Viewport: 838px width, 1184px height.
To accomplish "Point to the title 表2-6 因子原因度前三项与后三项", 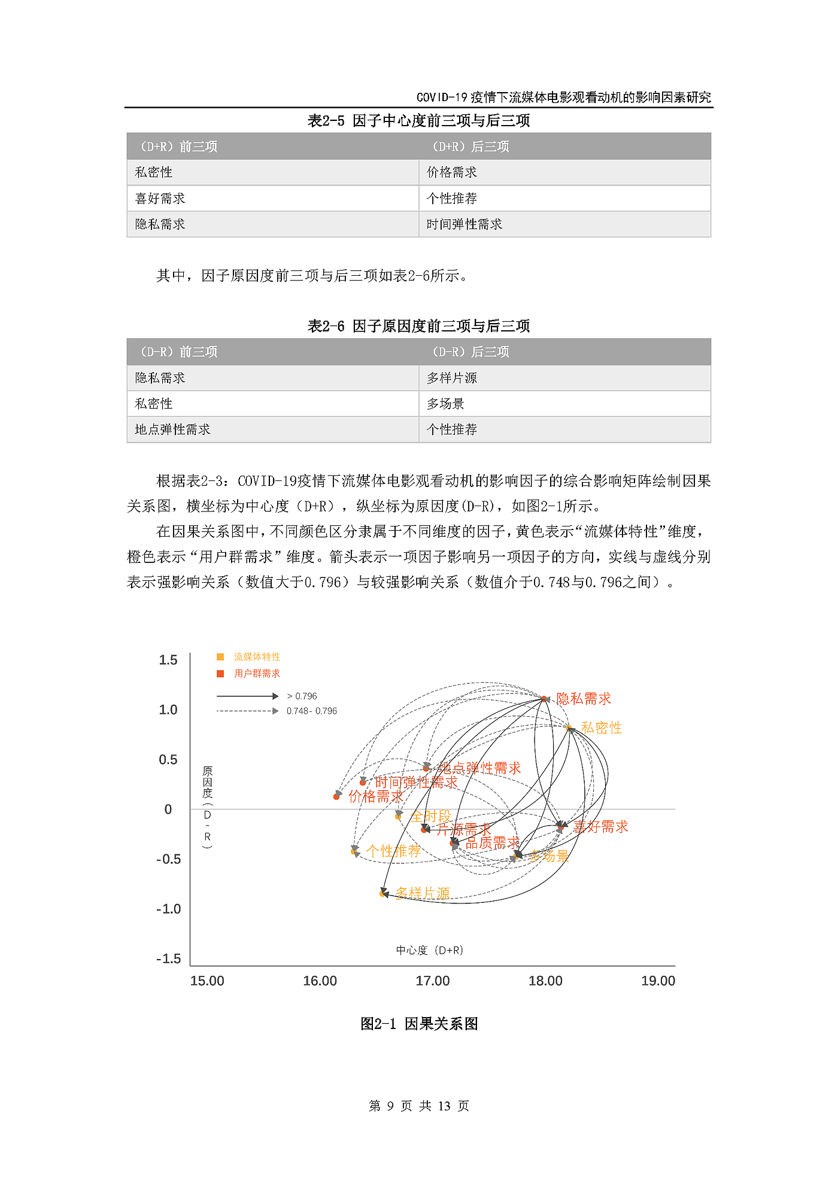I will click(418, 326).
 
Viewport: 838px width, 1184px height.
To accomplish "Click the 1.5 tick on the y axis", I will click(168, 660).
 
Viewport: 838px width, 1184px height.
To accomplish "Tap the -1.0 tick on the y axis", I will click(168, 909).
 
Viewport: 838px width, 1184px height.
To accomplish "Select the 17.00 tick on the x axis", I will click(432, 981).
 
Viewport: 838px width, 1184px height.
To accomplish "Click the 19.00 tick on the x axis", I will click(658, 981).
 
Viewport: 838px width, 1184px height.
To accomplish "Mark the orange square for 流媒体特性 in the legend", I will click(220, 657).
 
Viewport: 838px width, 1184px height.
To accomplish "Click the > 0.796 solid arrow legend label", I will click(302, 696).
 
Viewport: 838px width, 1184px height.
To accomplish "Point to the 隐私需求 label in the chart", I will click(584, 699).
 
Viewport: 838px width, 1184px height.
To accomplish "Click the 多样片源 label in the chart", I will click(423, 893).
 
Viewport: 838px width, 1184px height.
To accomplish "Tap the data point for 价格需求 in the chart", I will click(336, 796).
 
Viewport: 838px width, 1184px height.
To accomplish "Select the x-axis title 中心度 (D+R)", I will click(429, 950).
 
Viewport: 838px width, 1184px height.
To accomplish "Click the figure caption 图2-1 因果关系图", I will click(418, 1024).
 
